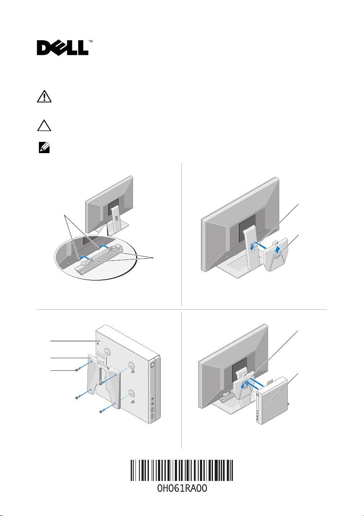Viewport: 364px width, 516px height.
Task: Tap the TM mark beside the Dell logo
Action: click(90, 42)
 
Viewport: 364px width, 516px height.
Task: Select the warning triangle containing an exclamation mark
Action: click(44, 97)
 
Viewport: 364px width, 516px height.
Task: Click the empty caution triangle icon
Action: click(44, 125)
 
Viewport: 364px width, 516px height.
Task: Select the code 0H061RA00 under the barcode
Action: click(182, 493)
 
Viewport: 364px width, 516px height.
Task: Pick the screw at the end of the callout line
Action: click(77, 370)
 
